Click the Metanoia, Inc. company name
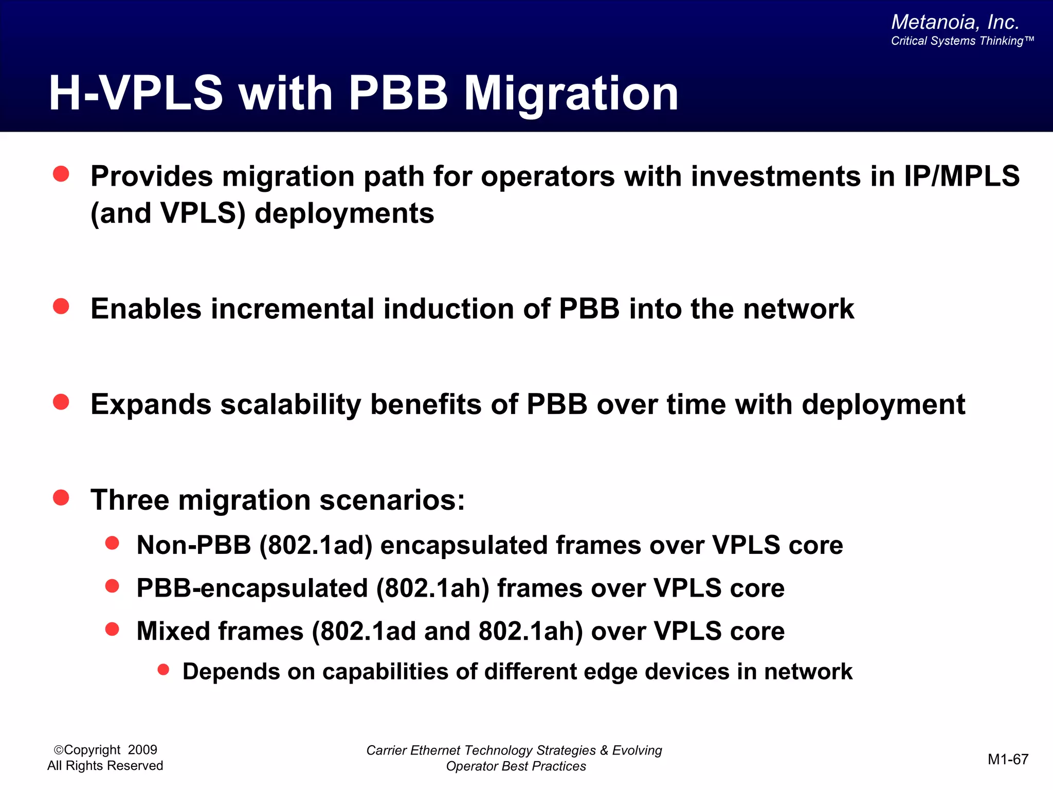tap(955, 22)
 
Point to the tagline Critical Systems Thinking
tap(961, 41)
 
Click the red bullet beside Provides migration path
tap(61, 174)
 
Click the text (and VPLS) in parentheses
tap(168, 213)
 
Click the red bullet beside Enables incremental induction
tap(61, 307)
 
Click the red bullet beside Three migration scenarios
tap(61, 497)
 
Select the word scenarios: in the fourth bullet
tap(392, 500)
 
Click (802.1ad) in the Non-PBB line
tap(316, 545)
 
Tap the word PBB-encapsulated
tap(252, 588)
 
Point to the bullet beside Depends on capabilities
tap(164, 669)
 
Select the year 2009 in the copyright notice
tap(142, 750)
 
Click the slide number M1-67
tap(1008, 759)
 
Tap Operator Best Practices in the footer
tap(516, 766)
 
